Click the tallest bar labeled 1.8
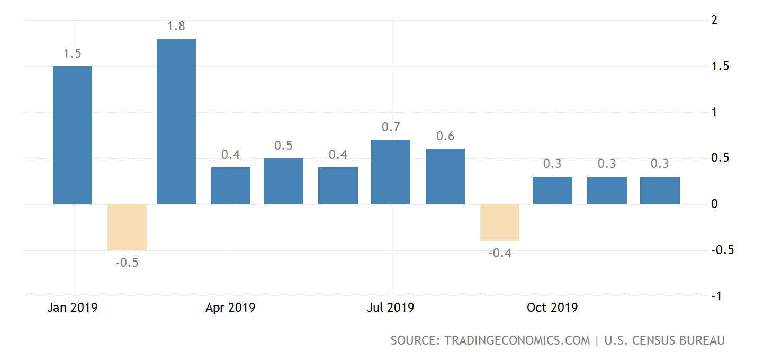[176, 121]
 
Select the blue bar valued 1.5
[73, 135]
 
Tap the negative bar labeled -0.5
[127, 227]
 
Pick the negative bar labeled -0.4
[500, 222]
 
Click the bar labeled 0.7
[391, 172]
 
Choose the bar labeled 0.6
[445, 176]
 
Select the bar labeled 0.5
[283, 181]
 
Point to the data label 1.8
[176, 26]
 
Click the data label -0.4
[500, 253]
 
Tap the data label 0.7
[391, 128]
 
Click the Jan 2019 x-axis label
[73, 308]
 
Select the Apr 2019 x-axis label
[230, 308]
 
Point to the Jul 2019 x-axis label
[391, 308]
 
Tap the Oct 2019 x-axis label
[552, 308]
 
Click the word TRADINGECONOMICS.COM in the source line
[516, 340]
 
